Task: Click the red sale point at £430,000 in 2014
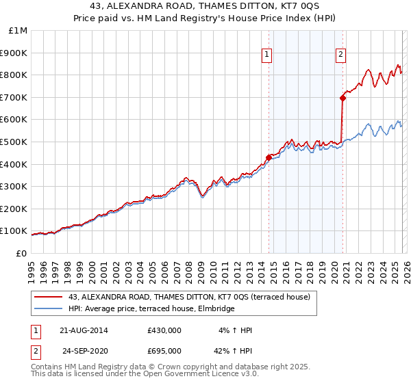pos(269,157)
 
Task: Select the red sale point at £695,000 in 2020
pos(342,98)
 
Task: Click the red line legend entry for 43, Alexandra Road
pos(189,297)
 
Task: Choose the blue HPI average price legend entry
pos(151,309)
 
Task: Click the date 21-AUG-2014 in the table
pos(84,330)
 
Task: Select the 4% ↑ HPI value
pos(236,330)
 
